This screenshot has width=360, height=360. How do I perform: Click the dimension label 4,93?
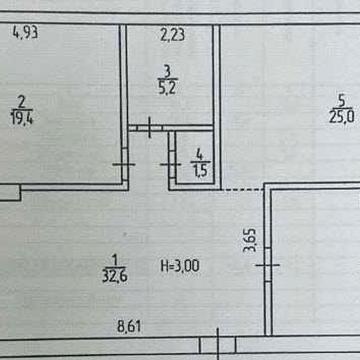pos(25,33)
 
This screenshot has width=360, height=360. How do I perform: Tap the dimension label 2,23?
pos(172,35)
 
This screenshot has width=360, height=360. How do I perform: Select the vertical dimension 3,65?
pos(251,240)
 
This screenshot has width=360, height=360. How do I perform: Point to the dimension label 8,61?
pos(129,327)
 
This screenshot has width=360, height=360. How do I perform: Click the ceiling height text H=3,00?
pos(180,266)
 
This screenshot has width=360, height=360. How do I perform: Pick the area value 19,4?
pos(22,118)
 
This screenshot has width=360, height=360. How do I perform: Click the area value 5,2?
pos(167,89)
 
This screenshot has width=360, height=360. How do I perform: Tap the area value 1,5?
pos(200,171)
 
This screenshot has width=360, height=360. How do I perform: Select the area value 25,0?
pos(341,117)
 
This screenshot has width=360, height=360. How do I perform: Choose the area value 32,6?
pos(115,276)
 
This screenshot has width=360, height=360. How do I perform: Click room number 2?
pos(22,102)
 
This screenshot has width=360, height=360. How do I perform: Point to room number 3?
pos(167,71)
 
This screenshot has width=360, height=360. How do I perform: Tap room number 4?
pos(199,155)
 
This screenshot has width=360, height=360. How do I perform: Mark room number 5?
pos(341,100)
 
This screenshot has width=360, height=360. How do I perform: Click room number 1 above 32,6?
pos(115,259)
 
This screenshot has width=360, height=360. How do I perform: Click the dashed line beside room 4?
pos(242,190)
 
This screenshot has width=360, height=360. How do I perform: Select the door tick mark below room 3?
pos(150,127)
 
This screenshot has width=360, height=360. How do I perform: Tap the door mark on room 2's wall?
pos(124,164)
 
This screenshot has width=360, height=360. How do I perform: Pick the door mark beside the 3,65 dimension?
pos(268,265)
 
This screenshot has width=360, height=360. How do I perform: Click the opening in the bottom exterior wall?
pos(218,345)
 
